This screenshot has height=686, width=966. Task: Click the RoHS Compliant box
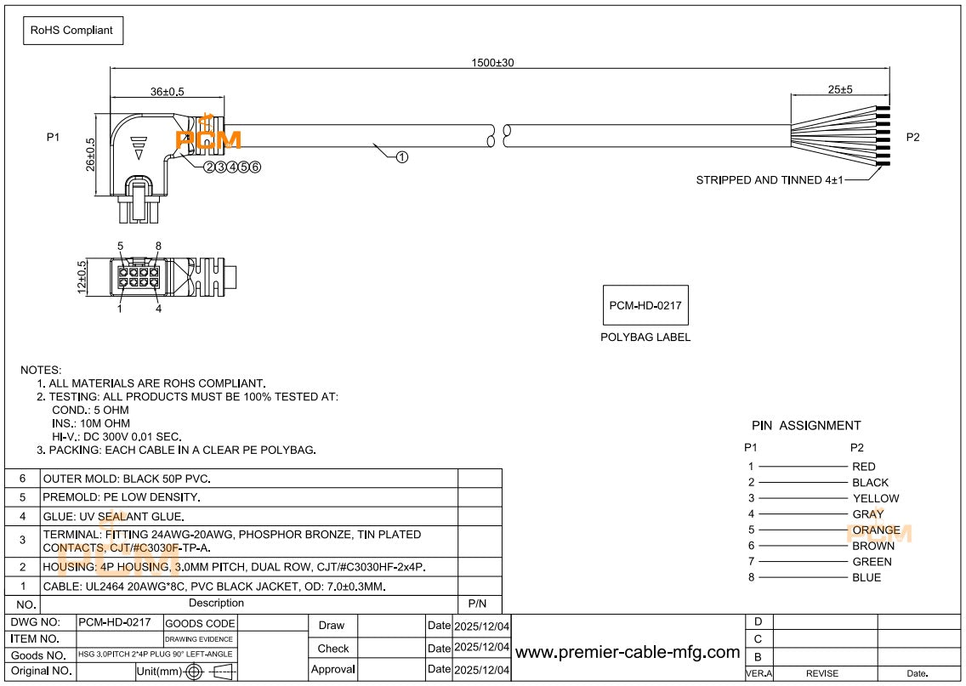pyautogui.click(x=72, y=30)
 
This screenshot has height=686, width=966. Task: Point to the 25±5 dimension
pyautogui.click(x=839, y=89)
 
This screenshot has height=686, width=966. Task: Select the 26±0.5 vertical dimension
pyautogui.click(x=91, y=154)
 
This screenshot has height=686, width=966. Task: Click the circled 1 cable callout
pyautogui.click(x=402, y=156)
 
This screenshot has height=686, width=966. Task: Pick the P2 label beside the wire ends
pyautogui.click(x=912, y=138)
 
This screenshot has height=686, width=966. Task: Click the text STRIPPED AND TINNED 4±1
pyautogui.click(x=770, y=180)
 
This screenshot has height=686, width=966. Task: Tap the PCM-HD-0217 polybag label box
pyautogui.click(x=645, y=304)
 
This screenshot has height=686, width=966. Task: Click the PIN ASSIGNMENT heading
pyautogui.click(x=806, y=425)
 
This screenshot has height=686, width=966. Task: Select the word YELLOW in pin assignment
pyautogui.click(x=875, y=498)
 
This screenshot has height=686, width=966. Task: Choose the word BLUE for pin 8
pyautogui.click(x=867, y=577)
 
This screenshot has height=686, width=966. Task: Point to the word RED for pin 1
pyautogui.click(x=863, y=467)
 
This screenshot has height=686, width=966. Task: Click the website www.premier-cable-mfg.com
pyautogui.click(x=628, y=652)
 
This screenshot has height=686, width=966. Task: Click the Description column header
pyautogui.click(x=216, y=604)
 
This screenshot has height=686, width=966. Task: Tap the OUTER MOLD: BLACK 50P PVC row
pyautogui.click(x=127, y=479)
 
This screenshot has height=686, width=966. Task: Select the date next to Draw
pyautogui.click(x=481, y=626)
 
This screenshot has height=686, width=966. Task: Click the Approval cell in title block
pyautogui.click(x=332, y=670)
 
